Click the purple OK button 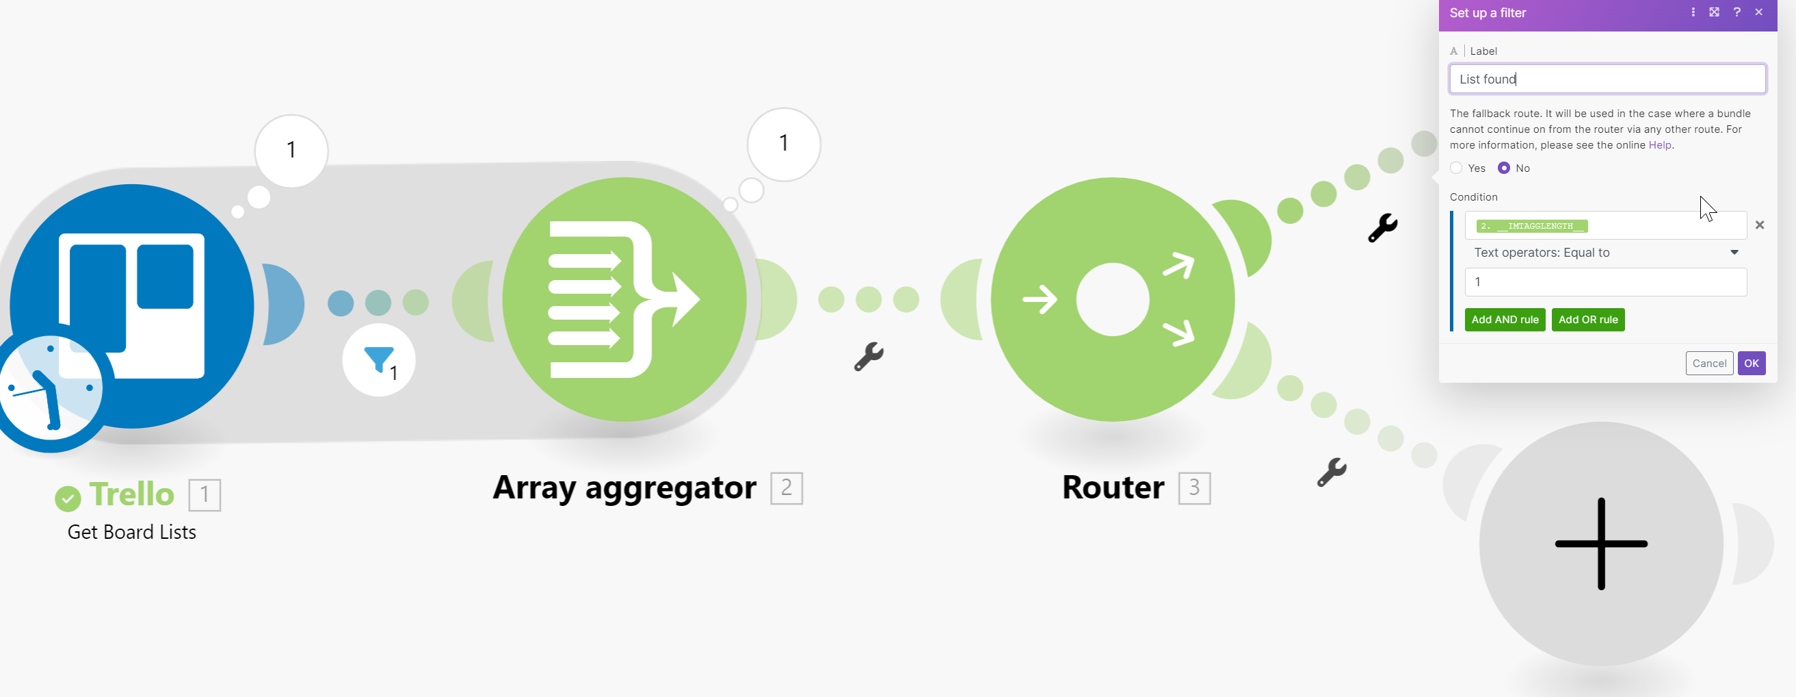[x=1751, y=363]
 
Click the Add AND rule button [x=1505, y=320]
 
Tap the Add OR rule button [x=1587, y=320]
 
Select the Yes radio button [x=1456, y=168]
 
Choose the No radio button [x=1504, y=168]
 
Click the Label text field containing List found [x=1607, y=79]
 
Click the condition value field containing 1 [x=1606, y=282]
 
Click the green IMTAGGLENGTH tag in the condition [x=1532, y=226]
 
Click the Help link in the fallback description [x=1659, y=145]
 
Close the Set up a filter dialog [x=1759, y=12]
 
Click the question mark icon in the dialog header [x=1736, y=12]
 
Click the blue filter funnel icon [x=379, y=359]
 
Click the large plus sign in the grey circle [x=1601, y=544]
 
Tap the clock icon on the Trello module [x=51, y=388]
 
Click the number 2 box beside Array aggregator [x=787, y=487]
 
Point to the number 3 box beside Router [x=1194, y=487]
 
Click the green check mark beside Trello [x=68, y=498]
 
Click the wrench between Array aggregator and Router [x=869, y=357]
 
